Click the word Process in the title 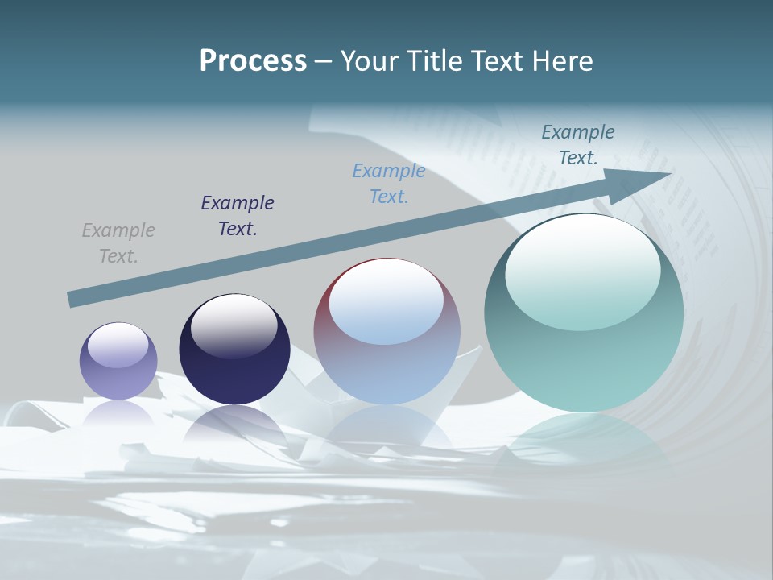[x=253, y=61]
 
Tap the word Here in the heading [x=561, y=61]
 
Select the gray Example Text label [x=118, y=243]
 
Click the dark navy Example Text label [x=238, y=216]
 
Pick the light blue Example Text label [x=389, y=184]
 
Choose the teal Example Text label [x=578, y=145]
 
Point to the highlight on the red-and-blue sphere [x=386, y=302]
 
